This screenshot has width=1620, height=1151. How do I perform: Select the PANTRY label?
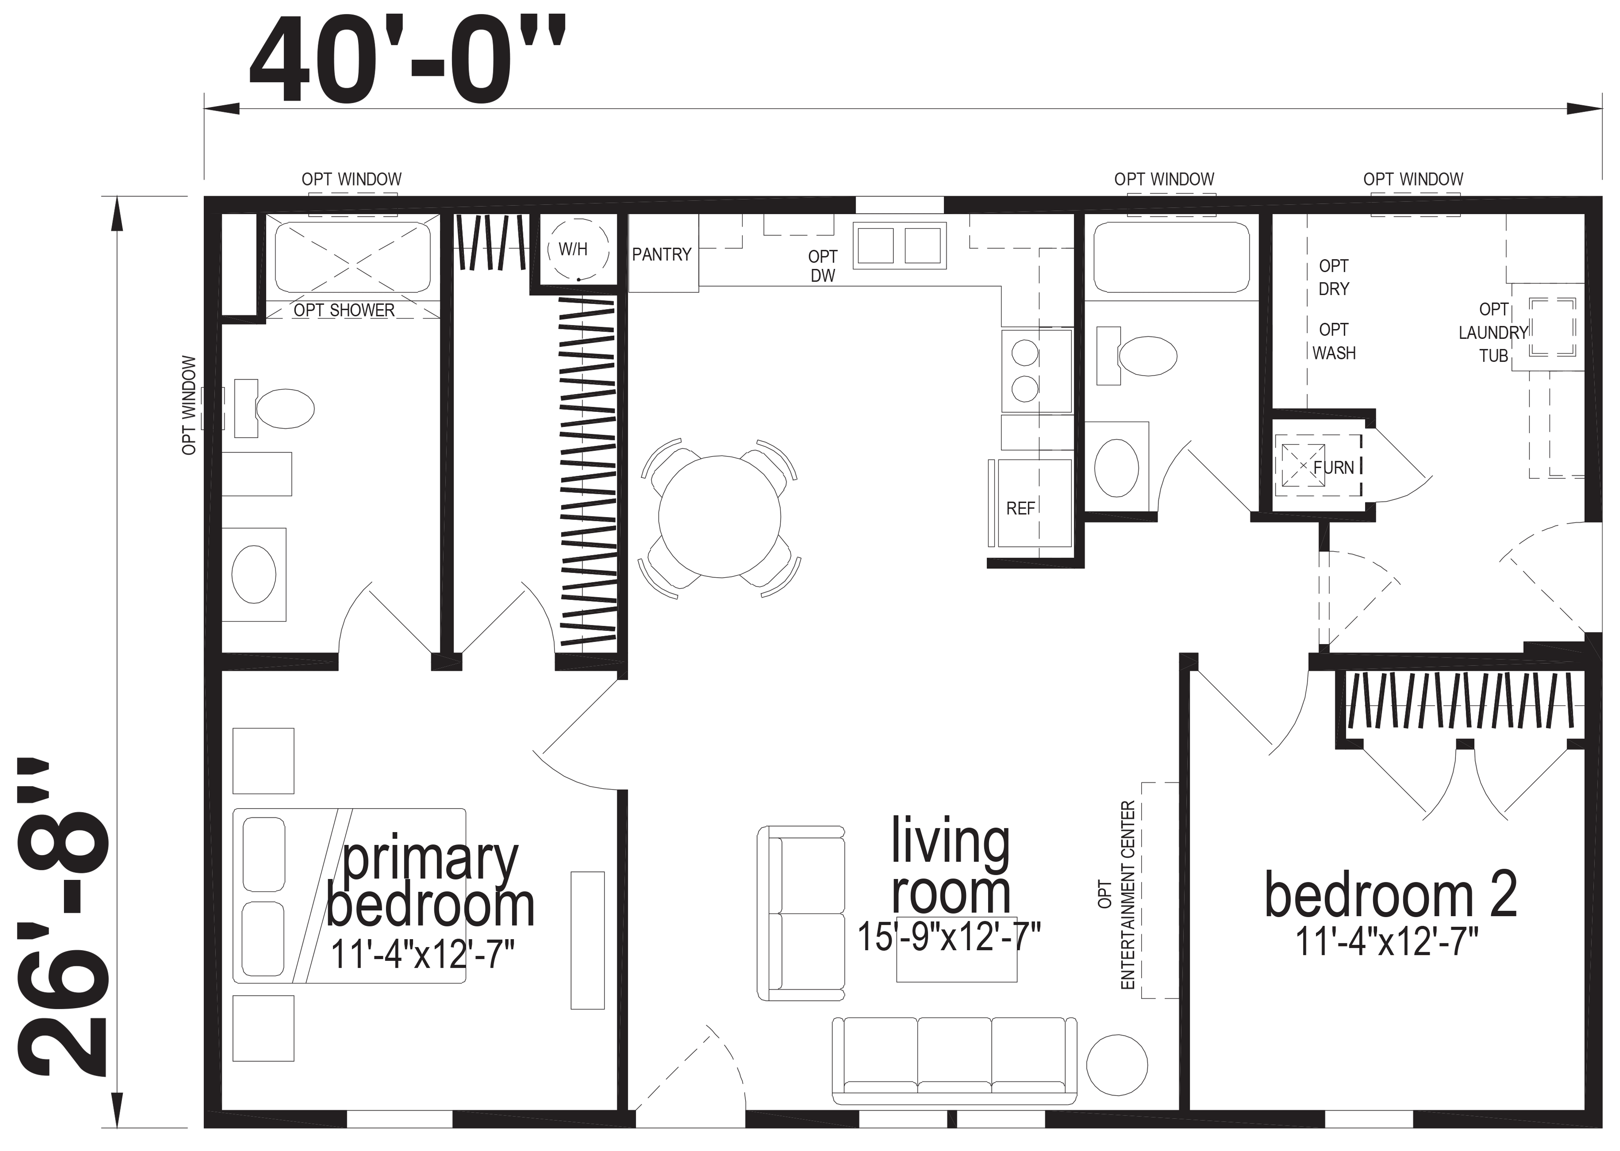[x=662, y=254]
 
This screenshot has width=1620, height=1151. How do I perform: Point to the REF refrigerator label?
[x=1021, y=508]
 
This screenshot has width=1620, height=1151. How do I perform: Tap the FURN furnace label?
[x=1334, y=468]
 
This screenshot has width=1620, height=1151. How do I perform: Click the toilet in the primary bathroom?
[x=276, y=409]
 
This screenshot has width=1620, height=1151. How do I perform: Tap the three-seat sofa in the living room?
[x=955, y=1061]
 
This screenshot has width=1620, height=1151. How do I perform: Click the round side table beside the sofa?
[x=1117, y=1065]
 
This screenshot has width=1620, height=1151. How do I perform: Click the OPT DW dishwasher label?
[x=823, y=266]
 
